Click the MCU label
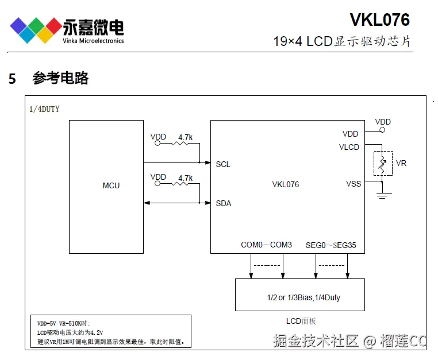click(111, 185)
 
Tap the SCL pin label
click(223, 164)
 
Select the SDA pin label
click(224, 203)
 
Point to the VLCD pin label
click(349, 147)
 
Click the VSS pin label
click(354, 184)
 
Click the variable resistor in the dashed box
click(382, 164)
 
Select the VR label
click(401, 163)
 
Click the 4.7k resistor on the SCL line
click(180, 143)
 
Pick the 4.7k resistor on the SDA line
click(180, 183)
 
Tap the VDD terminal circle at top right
click(382, 130)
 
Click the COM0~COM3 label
click(266, 245)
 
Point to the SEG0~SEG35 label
click(331, 245)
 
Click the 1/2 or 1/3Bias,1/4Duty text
click(303, 297)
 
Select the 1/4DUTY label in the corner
click(44, 109)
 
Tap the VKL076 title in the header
click(379, 20)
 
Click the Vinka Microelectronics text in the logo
click(93, 41)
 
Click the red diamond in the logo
click(53, 26)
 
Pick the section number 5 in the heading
click(12, 79)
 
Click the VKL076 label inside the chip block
click(286, 184)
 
